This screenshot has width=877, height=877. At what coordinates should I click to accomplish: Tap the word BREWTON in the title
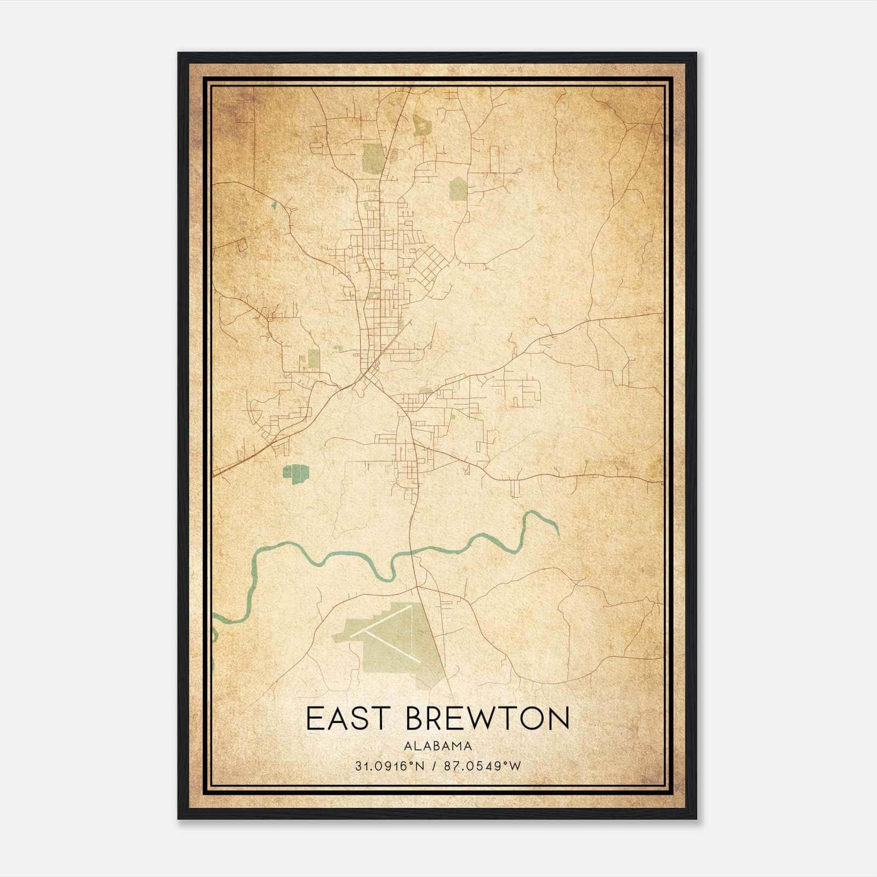point(488,718)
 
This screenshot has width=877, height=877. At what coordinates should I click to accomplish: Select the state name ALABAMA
point(437,746)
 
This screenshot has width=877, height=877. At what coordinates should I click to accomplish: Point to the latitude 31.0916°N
point(389,766)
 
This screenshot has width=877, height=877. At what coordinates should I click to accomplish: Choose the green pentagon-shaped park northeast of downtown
point(458,190)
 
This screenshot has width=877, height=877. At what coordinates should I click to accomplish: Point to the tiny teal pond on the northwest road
point(274,206)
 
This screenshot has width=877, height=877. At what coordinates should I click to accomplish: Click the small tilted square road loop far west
point(242,244)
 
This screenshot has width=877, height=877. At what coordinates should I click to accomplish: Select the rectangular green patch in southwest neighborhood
point(313,359)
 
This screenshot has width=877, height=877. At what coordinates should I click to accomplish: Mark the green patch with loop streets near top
point(421,125)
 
